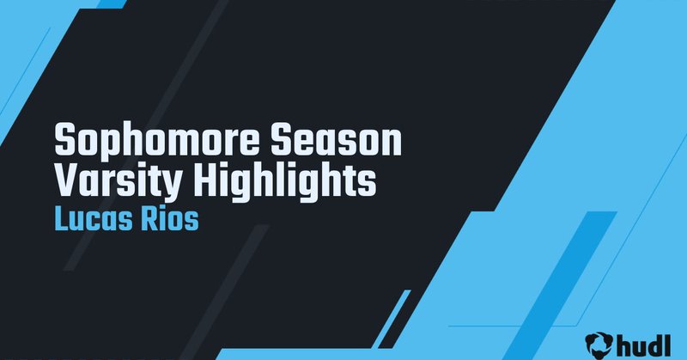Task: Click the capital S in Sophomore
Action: point(64,141)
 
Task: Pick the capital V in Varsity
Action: point(65,180)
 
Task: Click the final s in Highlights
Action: point(368,181)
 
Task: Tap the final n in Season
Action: point(392,143)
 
